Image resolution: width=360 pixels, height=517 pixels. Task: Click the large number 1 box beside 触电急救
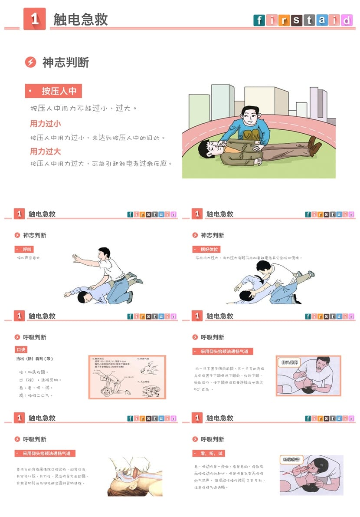pyautogui.click(x=34, y=19)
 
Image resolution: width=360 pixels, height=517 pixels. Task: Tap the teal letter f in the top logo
pyautogui.click(x=259, y=20)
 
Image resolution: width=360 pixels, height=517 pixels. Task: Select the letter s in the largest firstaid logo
pyautogui.click(x=296, y=20)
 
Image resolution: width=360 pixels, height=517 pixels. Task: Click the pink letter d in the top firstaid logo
pyautogui.click(x=347, y=20)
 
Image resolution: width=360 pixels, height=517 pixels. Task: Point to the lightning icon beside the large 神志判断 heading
pyautogui.click(x=30, y=62)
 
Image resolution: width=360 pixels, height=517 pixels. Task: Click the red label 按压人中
pyautogui.click(x=53, y=91)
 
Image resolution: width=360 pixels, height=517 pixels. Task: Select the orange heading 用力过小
pyautogui.click(x=45, y=124)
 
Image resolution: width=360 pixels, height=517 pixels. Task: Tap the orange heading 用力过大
pyautogui.click(x=45, y=151)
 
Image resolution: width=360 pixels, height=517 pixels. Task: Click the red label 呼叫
pyautogui.click(x=24, y=249)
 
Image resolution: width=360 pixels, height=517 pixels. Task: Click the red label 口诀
pyautogui.click(x=21, y=349)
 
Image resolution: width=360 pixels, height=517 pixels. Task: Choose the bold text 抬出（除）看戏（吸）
pyautogui.click(x=35, y=359)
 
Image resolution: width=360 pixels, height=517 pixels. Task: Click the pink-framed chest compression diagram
pyautogui.click(x=127, y=377)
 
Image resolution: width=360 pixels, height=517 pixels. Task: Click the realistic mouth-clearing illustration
pyautogui.click(x=135, y=476)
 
